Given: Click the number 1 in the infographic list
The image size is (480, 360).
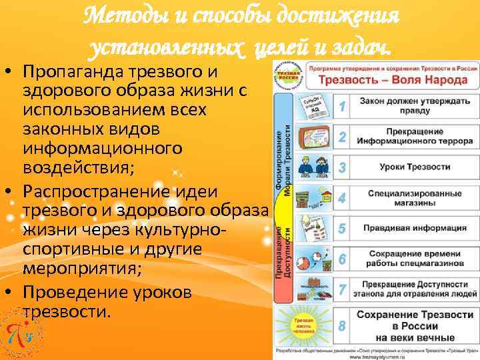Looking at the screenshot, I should (341, 106).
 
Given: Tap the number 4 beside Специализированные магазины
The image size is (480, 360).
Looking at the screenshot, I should (341, 198).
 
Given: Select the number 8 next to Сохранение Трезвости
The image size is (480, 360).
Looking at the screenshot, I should (341, 325).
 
